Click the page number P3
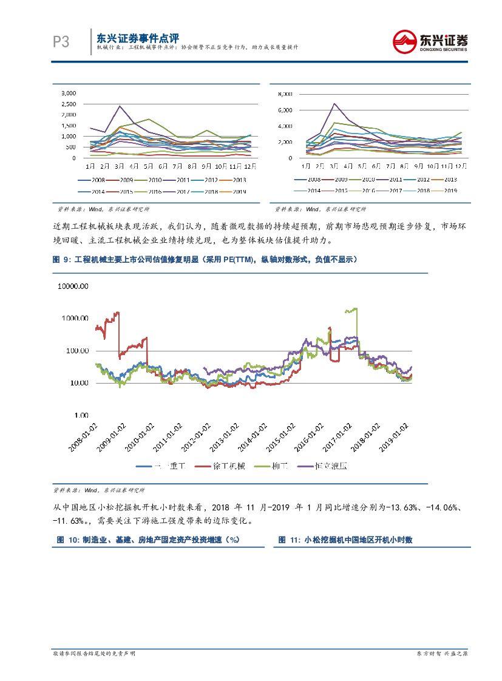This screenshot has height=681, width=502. coord(61,41)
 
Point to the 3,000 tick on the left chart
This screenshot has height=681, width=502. coord(68,93)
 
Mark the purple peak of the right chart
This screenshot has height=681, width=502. coord(334,104)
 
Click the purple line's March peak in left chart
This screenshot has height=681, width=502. coord(120,106)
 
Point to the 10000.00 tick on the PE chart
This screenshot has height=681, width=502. coord(73,286)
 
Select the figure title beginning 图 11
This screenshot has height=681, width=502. coord(345,540)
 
